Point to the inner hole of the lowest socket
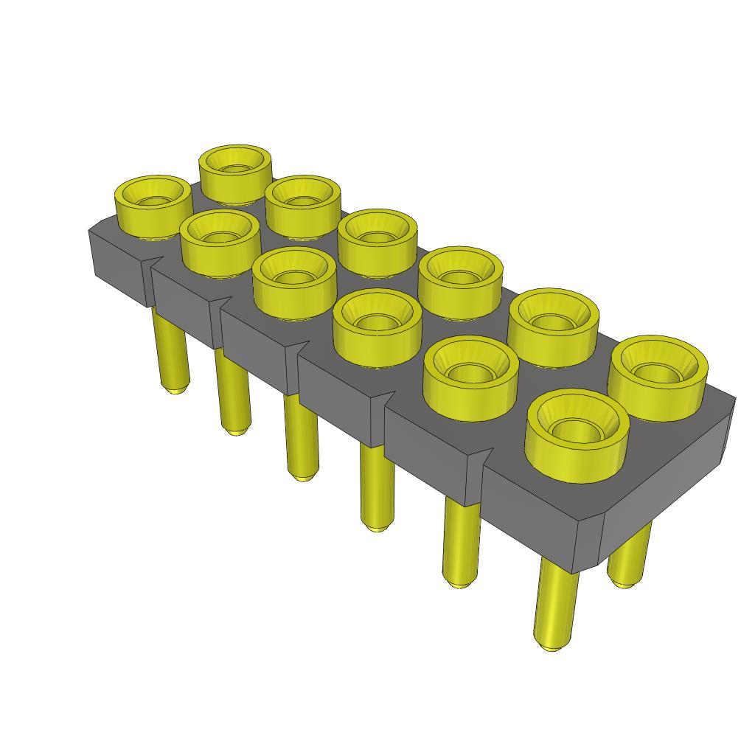(x=577, y=429)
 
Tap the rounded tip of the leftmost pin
(x=175, y=389)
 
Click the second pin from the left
(x=232, y=391)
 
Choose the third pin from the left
(x=301, y=435)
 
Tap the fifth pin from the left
(x=461, y=538)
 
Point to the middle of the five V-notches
(x=302, y=349)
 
